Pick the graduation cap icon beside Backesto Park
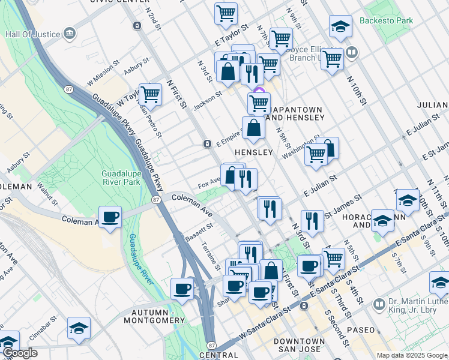pos(340,26)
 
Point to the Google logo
pos(20,353)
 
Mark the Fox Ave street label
pos(209,181)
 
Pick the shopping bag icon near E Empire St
pos(253,128)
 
